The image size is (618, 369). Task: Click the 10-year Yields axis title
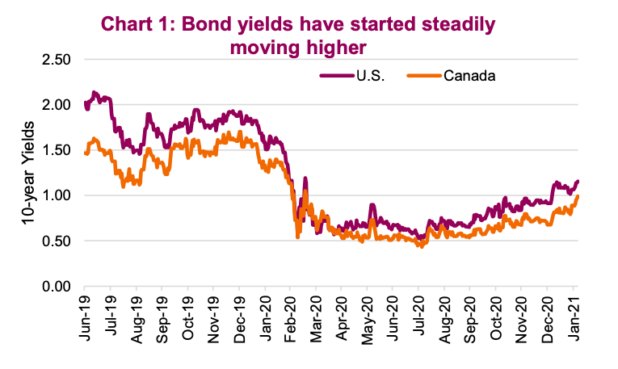[x=26, y=173]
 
